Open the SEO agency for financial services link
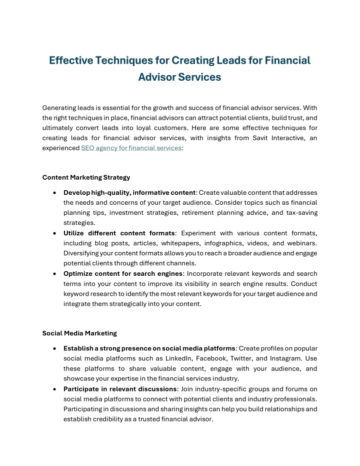pos(131,148)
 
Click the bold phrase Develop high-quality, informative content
pos(129,193)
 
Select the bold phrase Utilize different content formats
pos(119,233)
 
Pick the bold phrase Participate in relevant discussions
pos(120,389)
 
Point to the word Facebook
pos(212,358)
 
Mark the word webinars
pos(300,243)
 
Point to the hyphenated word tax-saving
pos(298,213)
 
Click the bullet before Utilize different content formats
pos(53,233)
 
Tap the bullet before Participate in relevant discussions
pos(53,389)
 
